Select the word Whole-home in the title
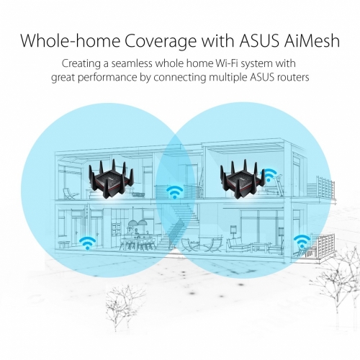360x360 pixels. tap(70, 41)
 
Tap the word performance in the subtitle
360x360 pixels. tap(107, 78)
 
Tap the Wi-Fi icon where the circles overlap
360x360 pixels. tap(175, 192)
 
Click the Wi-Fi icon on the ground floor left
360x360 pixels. tap(87, 243)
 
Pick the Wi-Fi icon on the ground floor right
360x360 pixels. tap(302, 241)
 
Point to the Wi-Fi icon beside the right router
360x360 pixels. tap(269, 175)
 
